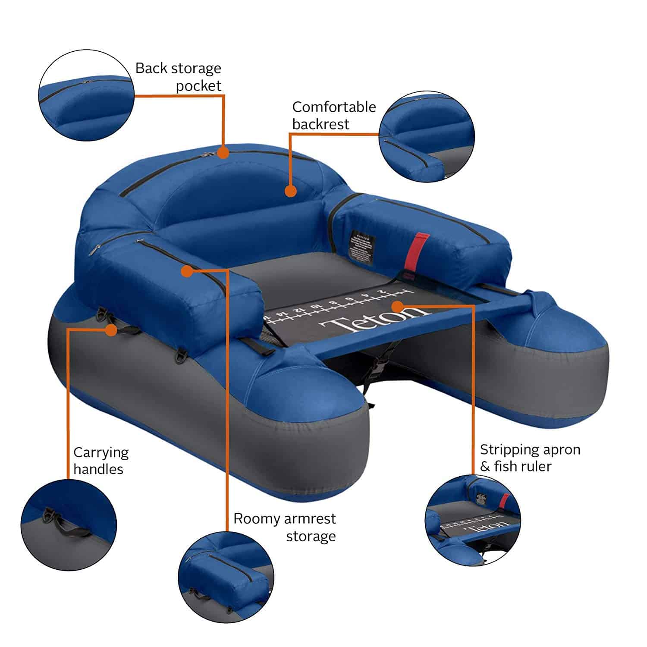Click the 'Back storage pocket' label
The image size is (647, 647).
click(178, 77)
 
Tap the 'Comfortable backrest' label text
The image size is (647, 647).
click(334, 115)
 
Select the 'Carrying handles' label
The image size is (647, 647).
click(101, 461)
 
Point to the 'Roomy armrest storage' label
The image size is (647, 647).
click(285, 527)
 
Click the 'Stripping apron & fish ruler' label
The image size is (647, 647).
click(530, 458)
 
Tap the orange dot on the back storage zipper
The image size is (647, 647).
click(223, 152)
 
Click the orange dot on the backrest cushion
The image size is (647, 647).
click(291, 191)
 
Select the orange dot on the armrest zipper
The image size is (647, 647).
click(187, 271)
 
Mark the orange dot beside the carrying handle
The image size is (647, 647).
click(111, 330)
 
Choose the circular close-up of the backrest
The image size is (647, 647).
click(427, 136)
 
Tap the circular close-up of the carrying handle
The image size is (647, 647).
click(69, 525)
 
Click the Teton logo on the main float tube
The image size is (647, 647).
click(371, 320)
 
